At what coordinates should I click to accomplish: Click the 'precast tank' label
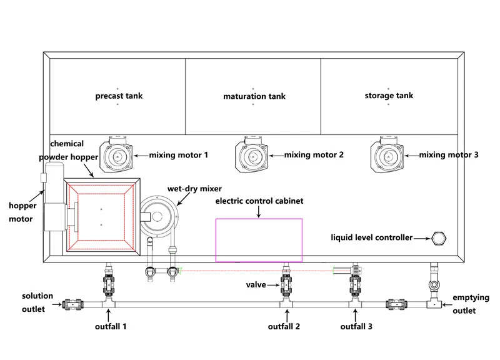click(x=119, y=96)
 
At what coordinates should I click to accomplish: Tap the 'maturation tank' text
click(x=254, y=96)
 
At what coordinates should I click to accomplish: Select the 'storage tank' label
click(x=389, y=96)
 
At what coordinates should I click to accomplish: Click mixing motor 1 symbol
click(x=116, y=154)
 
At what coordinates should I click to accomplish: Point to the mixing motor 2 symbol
click(x=252, y=154)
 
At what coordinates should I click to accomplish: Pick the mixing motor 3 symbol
click(x=387, y=154)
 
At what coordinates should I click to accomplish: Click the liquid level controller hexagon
click(x=439, y=239)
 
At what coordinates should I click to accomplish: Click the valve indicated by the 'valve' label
click(x=286, y=285)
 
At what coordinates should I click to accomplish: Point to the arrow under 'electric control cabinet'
click(x=259, y=212)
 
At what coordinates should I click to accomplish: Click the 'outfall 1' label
click(x=111, y=326)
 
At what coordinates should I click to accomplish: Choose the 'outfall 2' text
click(x=284, y=326)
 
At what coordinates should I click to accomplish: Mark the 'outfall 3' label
click(x=356, y=326)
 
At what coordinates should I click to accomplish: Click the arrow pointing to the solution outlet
click(x=57, y=304)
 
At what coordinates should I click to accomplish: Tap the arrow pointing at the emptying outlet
click(x=447, y=305)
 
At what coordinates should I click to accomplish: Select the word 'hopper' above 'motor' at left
click(x=22, y=206)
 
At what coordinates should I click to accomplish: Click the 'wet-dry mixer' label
click(x=194, y=189)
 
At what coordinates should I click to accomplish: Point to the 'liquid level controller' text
click(x=371, y=237)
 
